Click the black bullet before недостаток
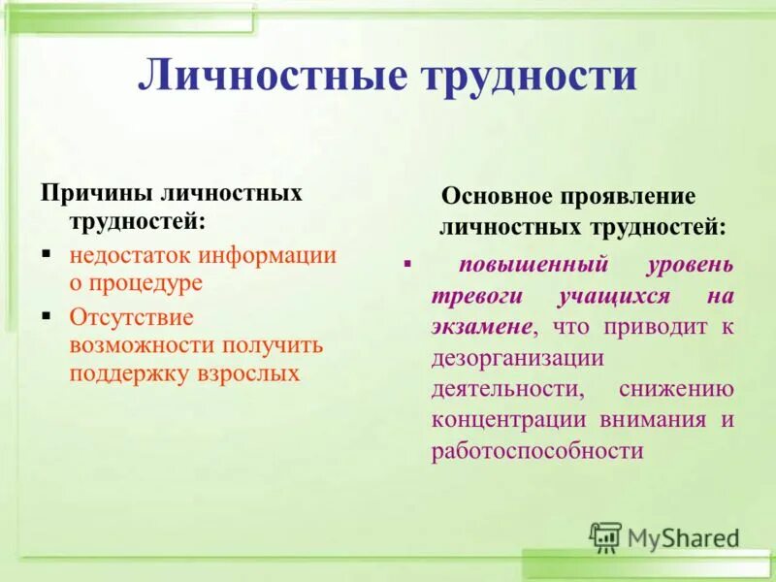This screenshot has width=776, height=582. pos(47,254)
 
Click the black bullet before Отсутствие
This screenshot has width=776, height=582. pos(47,316)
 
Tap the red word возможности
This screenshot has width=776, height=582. pos(142,345)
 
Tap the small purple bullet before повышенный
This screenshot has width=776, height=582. pos(407,264)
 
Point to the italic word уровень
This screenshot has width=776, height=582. pos(690,264)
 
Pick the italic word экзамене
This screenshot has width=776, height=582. pos(481,326)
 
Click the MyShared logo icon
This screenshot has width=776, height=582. pos(605,536)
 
